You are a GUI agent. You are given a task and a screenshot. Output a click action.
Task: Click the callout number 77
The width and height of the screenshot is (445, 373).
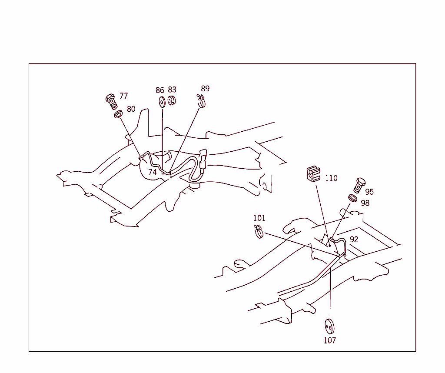click(124, 96)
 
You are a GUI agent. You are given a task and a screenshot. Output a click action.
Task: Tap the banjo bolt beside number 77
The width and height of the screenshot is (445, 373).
click(111, 101)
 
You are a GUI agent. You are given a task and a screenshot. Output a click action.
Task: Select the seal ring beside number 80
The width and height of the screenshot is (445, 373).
click(118, 114)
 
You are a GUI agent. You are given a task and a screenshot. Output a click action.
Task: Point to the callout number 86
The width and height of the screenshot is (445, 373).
click(160, 90)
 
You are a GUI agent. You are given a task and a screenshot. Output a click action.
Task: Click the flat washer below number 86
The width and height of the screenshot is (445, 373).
click(162, 102)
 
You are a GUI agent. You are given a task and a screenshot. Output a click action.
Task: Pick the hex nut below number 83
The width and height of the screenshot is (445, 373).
click(171, 100)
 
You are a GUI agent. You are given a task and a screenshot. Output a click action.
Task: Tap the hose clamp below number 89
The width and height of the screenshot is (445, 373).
click(201, 101)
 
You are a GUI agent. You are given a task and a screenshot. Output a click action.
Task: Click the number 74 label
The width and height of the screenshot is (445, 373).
click(153, 172)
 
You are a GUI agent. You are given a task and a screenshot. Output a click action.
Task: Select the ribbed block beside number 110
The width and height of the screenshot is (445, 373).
click(313, 174)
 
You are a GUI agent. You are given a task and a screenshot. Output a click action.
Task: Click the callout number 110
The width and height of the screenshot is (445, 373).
click(331, 178)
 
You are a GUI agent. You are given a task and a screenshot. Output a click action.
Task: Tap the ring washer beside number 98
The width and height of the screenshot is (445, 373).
click(353, 198)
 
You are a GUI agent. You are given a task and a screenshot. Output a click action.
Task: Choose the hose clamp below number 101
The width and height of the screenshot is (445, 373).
click(259, 232)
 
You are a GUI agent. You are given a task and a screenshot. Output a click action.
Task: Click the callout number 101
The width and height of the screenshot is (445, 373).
click(259, 218)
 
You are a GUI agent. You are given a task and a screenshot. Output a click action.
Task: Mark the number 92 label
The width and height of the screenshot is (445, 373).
click(354, 239)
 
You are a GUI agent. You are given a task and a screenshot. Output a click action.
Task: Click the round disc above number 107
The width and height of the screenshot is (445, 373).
click(329, 326)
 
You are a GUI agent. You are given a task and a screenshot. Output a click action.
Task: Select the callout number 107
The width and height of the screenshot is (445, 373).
click(330, 340)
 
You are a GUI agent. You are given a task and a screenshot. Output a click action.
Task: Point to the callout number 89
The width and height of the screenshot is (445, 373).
click(205, 89)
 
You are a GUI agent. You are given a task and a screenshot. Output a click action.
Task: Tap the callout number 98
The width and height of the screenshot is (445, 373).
click(365, 203)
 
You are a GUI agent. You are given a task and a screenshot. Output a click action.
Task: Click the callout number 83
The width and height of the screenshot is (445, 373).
click(172, 90)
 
